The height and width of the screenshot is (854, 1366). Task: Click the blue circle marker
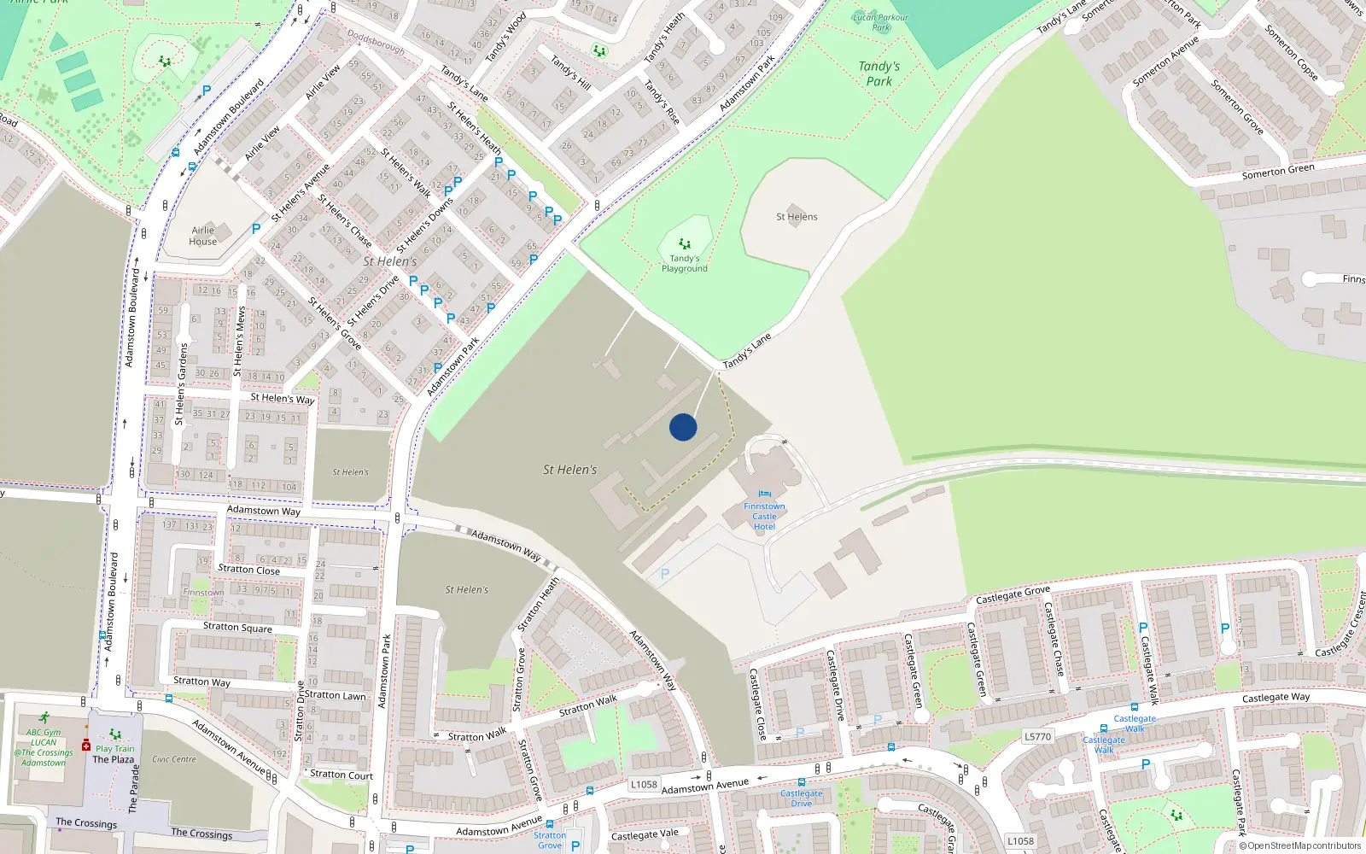pyautogui.click(x=683, y=427)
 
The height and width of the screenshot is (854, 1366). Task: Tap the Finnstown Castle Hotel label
pyautogui.click(x=764, y=517)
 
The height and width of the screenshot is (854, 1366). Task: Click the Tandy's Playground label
pyautogui.click(x=684, y=263)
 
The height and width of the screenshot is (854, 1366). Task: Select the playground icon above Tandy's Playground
pyautogui.click(x=685, y=244)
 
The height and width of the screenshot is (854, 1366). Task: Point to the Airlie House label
pyautogui.click(x=203, y=236)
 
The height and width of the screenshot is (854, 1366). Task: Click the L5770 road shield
pyautogui.click(x=1038, y=736)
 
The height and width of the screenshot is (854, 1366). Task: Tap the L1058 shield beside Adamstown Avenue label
pyautogui.click(x=644, y=784)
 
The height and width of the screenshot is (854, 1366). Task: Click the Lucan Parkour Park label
pyautogui.click(x=881, y=22)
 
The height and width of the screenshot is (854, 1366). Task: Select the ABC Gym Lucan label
pyautogui.click(x=44, y=737)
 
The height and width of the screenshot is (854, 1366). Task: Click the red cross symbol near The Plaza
pyautogui.click(x=86, y=746)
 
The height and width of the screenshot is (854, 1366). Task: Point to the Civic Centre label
pyautogui.click(x=174, y=759)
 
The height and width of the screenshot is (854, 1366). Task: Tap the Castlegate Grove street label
pyautogui.click(x=1013, y=594)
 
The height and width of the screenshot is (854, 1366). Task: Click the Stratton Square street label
pyautogui.click(x=237, y=627)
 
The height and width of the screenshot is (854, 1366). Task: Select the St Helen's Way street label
pyautogui.click(x=282, y=398)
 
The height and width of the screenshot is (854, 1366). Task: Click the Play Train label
pyautogui.click(x=115, y=748)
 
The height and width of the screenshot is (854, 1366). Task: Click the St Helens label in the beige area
pyautogui.click(x=797, y=217)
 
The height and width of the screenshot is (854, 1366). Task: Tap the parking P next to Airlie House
pyautogui.click(x=256, y=229)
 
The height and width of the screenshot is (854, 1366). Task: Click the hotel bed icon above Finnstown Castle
pyautogui.click(x=764, y=494)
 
